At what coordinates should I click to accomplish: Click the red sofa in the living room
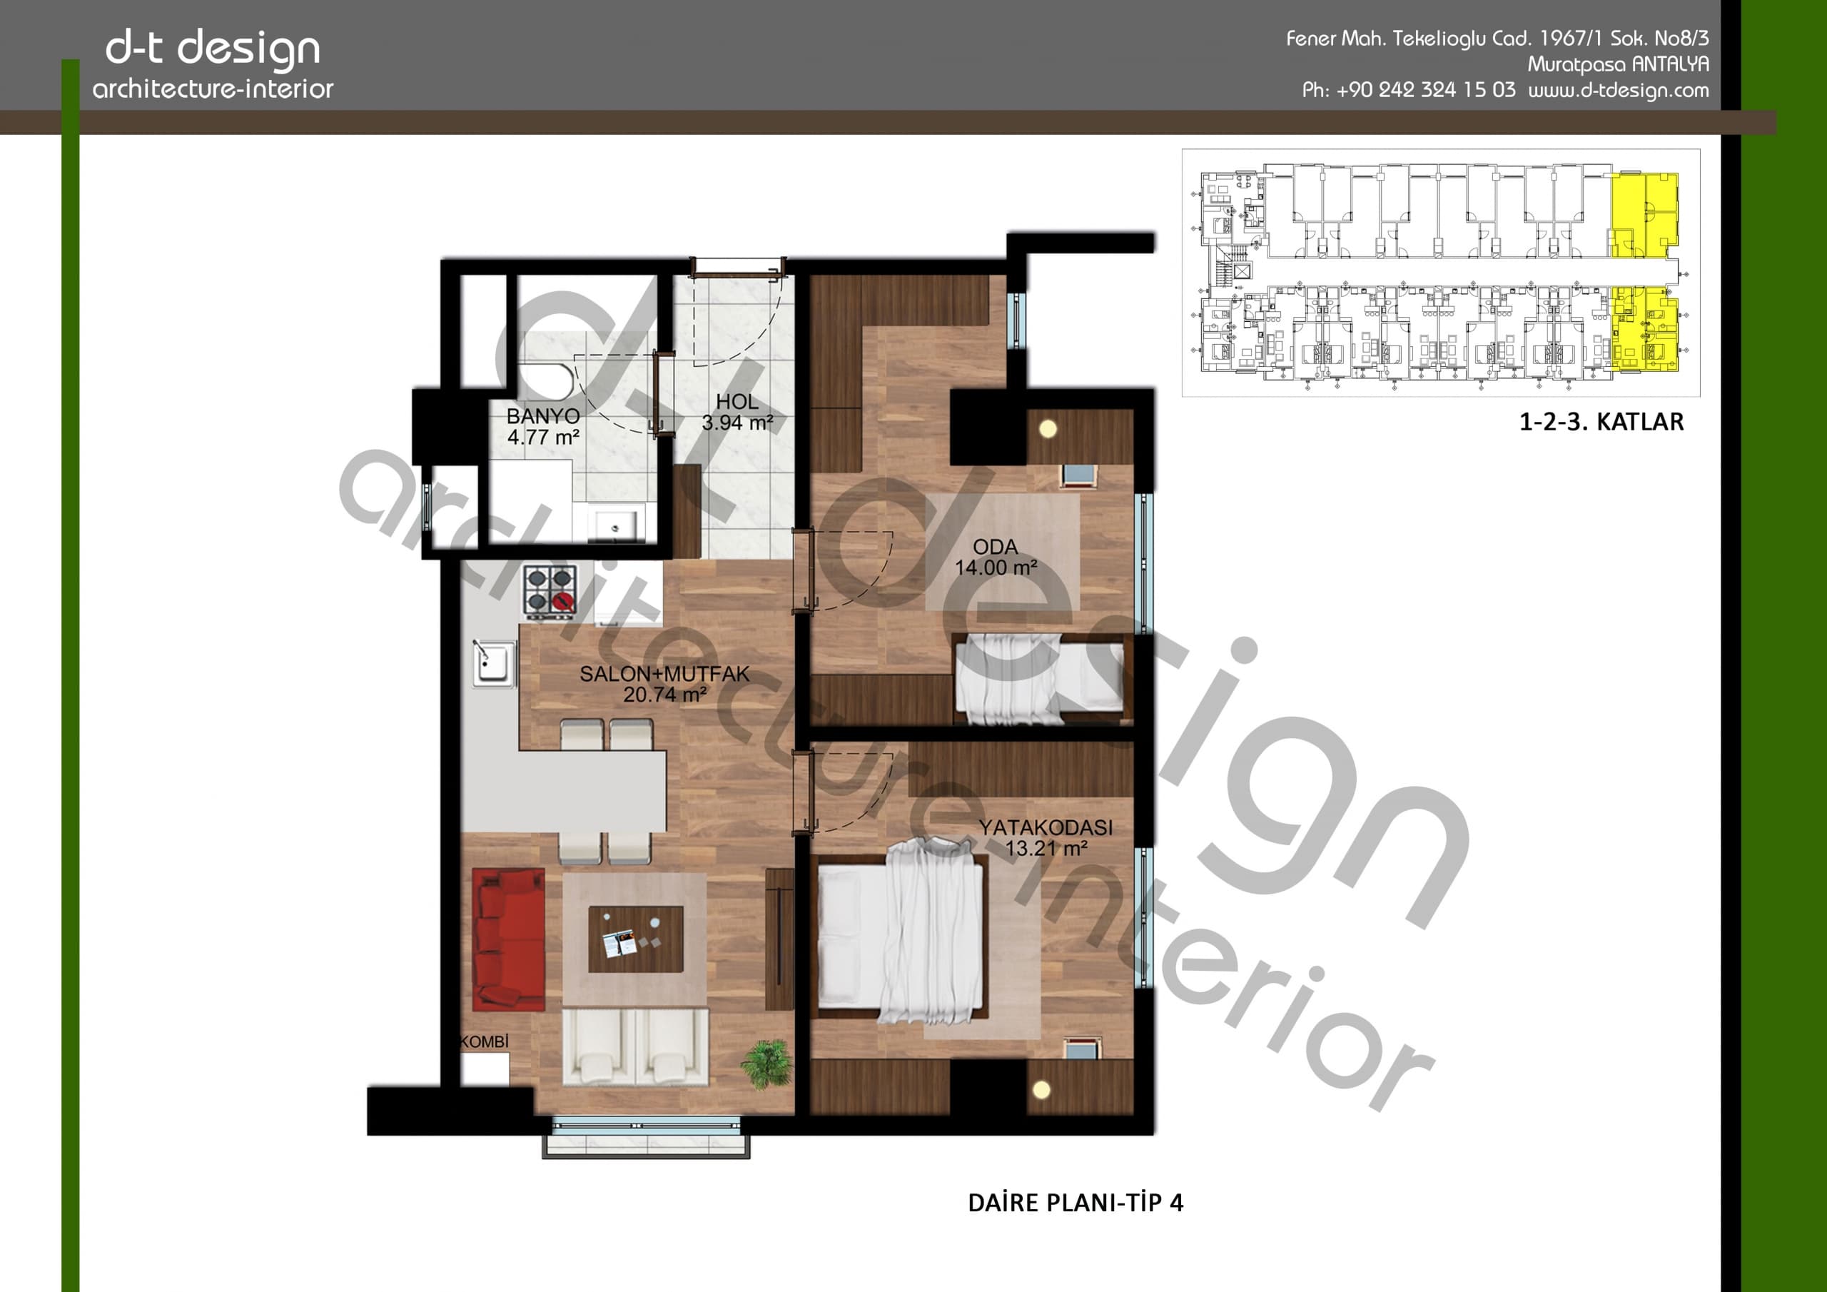coord(508,939)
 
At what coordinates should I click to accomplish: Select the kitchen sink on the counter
coord(493,662)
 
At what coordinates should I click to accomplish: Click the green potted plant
coord(767,1064)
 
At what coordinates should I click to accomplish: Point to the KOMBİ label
coord(485,1041)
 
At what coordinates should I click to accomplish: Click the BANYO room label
coord(544,415)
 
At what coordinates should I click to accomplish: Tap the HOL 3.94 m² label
coord(737,413)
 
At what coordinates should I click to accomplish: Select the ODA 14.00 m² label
coord(996,557)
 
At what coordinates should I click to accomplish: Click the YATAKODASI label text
coord(1046,827)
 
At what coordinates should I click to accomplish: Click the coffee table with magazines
coord(636,939)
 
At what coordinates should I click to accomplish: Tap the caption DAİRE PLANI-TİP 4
coord(1076,1202)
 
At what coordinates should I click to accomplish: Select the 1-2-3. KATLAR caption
coord(1601,421)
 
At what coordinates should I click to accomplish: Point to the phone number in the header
coord(1409,90)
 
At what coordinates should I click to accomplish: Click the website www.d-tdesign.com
coord(1619,91)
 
